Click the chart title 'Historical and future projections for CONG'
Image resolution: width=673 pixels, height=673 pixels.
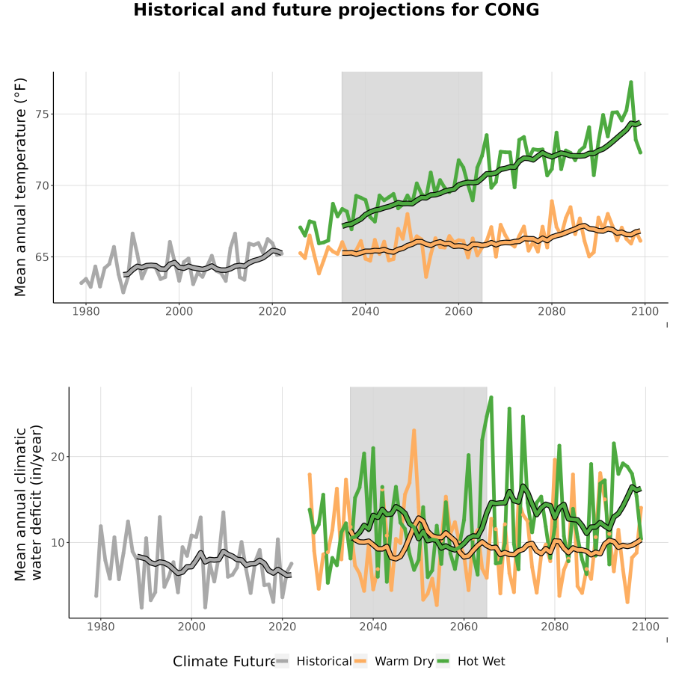point(336,10)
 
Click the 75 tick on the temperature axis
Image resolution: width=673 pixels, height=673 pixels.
point(42,114)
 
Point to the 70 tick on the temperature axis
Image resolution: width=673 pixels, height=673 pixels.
point(42,186)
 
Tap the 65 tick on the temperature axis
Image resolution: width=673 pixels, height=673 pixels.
point(42,257)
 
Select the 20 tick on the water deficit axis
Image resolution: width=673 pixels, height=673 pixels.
point(58,457)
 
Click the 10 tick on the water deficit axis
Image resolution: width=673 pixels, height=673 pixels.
point(58,543)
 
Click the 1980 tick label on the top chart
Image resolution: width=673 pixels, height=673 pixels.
point(86,311)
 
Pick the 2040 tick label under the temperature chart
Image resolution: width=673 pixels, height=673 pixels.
point(365,311)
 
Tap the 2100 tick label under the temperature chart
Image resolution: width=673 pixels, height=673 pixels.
point(645,311)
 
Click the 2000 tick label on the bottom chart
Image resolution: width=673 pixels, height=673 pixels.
point(191,627)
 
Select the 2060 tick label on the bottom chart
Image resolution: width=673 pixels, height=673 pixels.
point(464,627)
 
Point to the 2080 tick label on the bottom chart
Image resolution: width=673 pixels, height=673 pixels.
point(555,627)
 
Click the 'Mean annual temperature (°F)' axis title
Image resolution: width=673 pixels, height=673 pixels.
point(20,187)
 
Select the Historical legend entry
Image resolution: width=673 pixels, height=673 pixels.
point(313,661)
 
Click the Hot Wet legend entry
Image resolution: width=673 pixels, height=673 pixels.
point(471,661)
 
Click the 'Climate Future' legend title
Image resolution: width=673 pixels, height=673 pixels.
point(224,662)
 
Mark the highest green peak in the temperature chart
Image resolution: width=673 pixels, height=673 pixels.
point(631,82)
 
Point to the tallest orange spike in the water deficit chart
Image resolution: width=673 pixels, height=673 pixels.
point(414,430)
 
